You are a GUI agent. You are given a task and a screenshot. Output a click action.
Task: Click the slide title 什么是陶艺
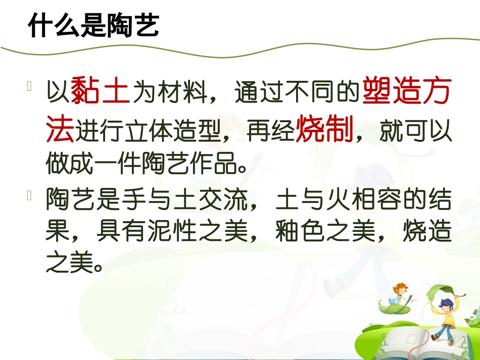(93, 26)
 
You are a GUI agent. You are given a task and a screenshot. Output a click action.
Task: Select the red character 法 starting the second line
(60, 130)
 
